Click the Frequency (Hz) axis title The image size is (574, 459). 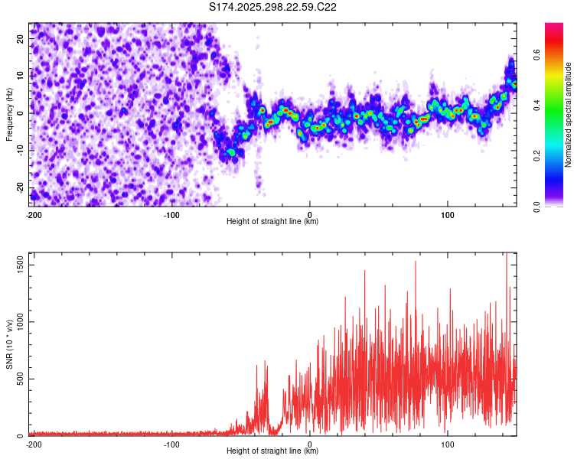click(9, 114)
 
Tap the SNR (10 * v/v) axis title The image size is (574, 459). click(9, 344)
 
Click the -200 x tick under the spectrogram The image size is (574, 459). click(33, 214)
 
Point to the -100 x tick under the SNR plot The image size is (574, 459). click(171, 444)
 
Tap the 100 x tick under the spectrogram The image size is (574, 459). click(448, 214)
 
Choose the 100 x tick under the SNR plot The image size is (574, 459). click(448, 444)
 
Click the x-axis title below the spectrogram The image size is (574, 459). click(273, 222)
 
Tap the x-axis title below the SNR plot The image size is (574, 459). click(273, 451)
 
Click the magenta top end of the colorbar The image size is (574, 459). click(554, 27)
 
